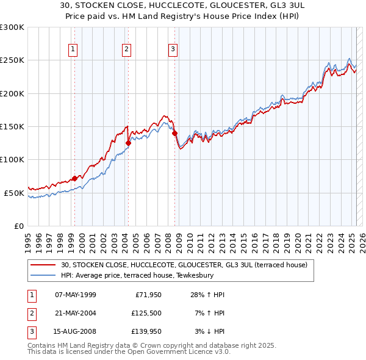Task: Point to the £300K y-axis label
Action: [12, 27]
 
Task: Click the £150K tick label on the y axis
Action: [12, 126]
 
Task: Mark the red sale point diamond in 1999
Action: [74, 178]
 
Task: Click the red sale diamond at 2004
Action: [128, 143]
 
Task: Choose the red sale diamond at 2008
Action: [174, 133]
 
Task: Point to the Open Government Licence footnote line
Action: [129, 352]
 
